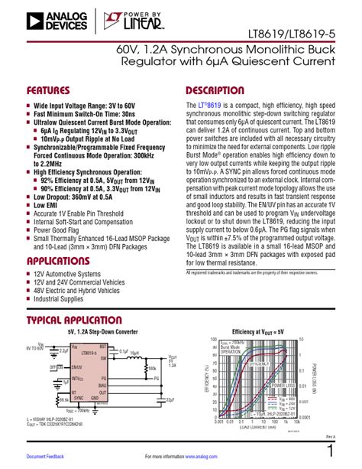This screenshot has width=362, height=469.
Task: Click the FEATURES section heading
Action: (x=52, y=90)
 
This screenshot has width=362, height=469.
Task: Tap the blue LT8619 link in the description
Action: (x=213, y=104)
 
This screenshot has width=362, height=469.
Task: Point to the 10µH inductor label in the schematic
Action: (x=132, y=353)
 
